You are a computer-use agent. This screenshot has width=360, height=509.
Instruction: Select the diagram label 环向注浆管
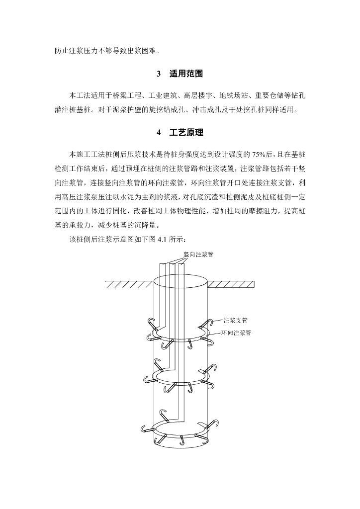(x=236, y=333)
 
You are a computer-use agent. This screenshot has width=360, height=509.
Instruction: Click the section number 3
(x=159, y=75)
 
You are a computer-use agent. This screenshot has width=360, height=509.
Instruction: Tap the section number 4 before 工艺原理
(x=159, y=133)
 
